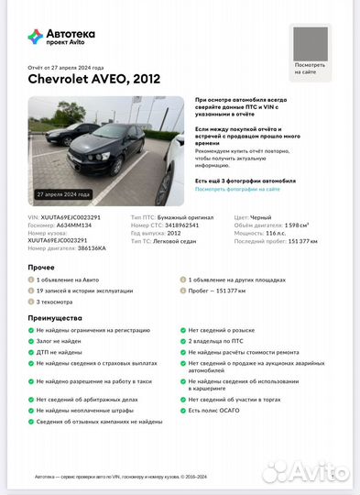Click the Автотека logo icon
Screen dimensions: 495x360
36,37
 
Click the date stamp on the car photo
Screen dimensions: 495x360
63,194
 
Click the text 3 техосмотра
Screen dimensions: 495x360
59,300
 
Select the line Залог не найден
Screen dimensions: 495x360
61,340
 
